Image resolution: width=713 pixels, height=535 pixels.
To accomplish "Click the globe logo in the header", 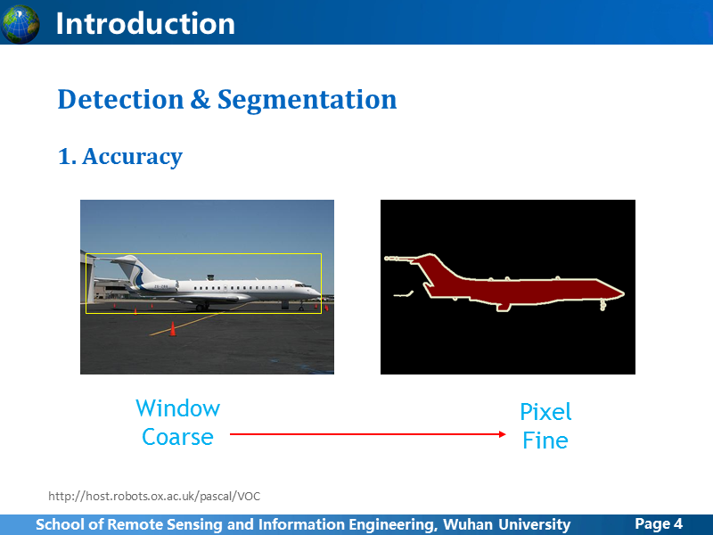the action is (x=20, y=24).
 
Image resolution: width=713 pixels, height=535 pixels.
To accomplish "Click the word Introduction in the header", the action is (x=145, y=24).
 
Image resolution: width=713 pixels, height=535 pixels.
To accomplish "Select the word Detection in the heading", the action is (x=120, y=99).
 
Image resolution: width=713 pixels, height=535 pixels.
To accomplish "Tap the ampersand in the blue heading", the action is (x=201, y=99).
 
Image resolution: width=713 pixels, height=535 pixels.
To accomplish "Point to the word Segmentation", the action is (x=307, y=100).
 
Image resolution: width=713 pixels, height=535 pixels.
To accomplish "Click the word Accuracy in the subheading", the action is (x=132, y=157).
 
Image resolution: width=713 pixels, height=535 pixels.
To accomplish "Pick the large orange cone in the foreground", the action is (x=172, y=329).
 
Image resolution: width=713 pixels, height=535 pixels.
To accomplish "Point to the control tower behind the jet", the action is (x=210, y=276).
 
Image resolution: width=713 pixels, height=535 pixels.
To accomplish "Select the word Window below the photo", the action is (x=177, y=408).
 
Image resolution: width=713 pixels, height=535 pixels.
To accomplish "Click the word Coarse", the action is (x=177, y=437).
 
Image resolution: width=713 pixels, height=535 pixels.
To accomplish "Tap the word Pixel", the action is (x=545, y=412).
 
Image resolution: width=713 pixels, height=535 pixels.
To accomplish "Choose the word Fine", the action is (x=545, y=440).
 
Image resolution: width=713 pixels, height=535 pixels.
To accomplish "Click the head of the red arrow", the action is (x=502, y=434).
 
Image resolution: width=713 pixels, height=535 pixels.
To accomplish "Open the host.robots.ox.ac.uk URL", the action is (x=154, y=496).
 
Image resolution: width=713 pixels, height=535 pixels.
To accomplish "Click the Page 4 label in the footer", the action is (x=659, y=523).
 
